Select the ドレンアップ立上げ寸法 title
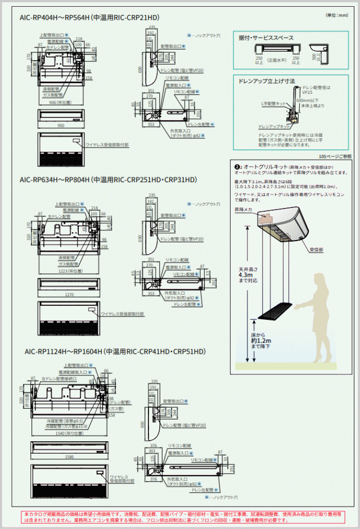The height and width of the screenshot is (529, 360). pyautogui.click(x=267, y=82)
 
